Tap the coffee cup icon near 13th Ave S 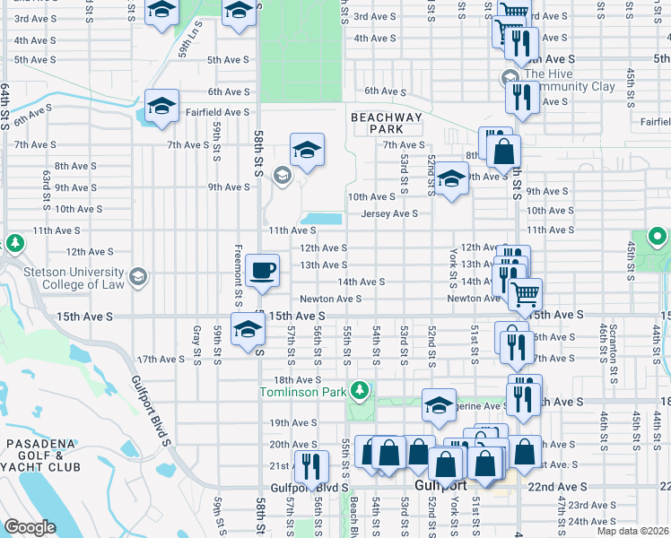click(x=262, y=270)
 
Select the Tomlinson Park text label click(x=302, y=392)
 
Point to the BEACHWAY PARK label click(x=386, y=123)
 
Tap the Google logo click(x=31, y=526)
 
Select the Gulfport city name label click(x=443, y=485)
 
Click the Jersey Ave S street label click(x=389, y=213)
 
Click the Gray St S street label click(x=196, y=345)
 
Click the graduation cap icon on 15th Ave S click(x=248, y=329)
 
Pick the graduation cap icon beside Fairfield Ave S click(x=160, y=107)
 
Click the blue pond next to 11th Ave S click(x=321, y=219)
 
